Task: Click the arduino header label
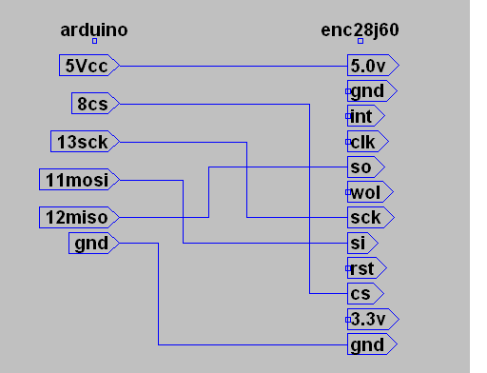pyautogui.click(x=94, y=30)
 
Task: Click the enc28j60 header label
pyautogui.click(x=360, y=30)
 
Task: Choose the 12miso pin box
pyautogui.click(x=79, y=217)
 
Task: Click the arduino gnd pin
pyautogui.click(x=93, y=244)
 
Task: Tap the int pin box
pyautogui.click(x=365, y=116)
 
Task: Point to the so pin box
pyautogui.click(x=365, y=167)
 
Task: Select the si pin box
pyautogui.click(x=363, y=243)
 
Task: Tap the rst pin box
pyautogui.click(x=366, y=267)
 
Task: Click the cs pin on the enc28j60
pyautogui.click(x=364, y=293)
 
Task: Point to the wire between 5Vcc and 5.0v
pyautogui.click(x=233, y=66)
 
